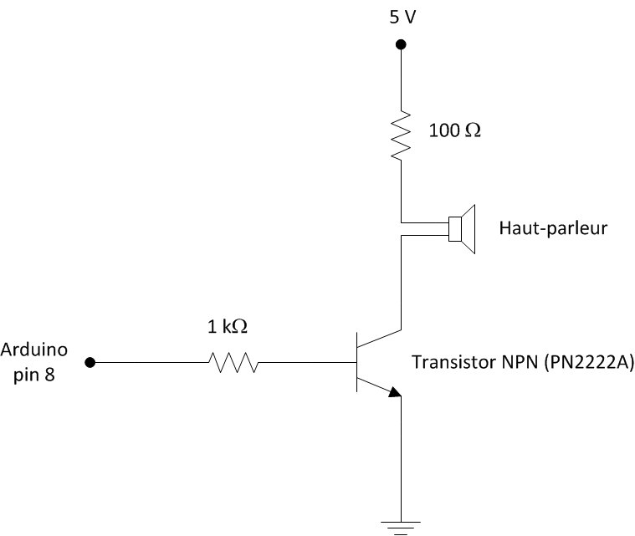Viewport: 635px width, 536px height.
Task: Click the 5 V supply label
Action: (401, 18)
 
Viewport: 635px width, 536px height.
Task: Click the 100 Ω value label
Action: (455, 131)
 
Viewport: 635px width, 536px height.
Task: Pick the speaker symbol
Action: (462, 228)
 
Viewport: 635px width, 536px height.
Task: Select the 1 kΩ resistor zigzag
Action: (233, 363)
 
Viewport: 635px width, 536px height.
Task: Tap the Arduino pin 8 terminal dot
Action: (90, 363)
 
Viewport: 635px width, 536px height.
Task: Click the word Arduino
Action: (35, 348)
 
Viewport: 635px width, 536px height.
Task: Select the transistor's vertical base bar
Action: (356, 363)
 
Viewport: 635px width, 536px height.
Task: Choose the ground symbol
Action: (401, 525)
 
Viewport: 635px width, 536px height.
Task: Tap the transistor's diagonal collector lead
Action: (380, 338)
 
